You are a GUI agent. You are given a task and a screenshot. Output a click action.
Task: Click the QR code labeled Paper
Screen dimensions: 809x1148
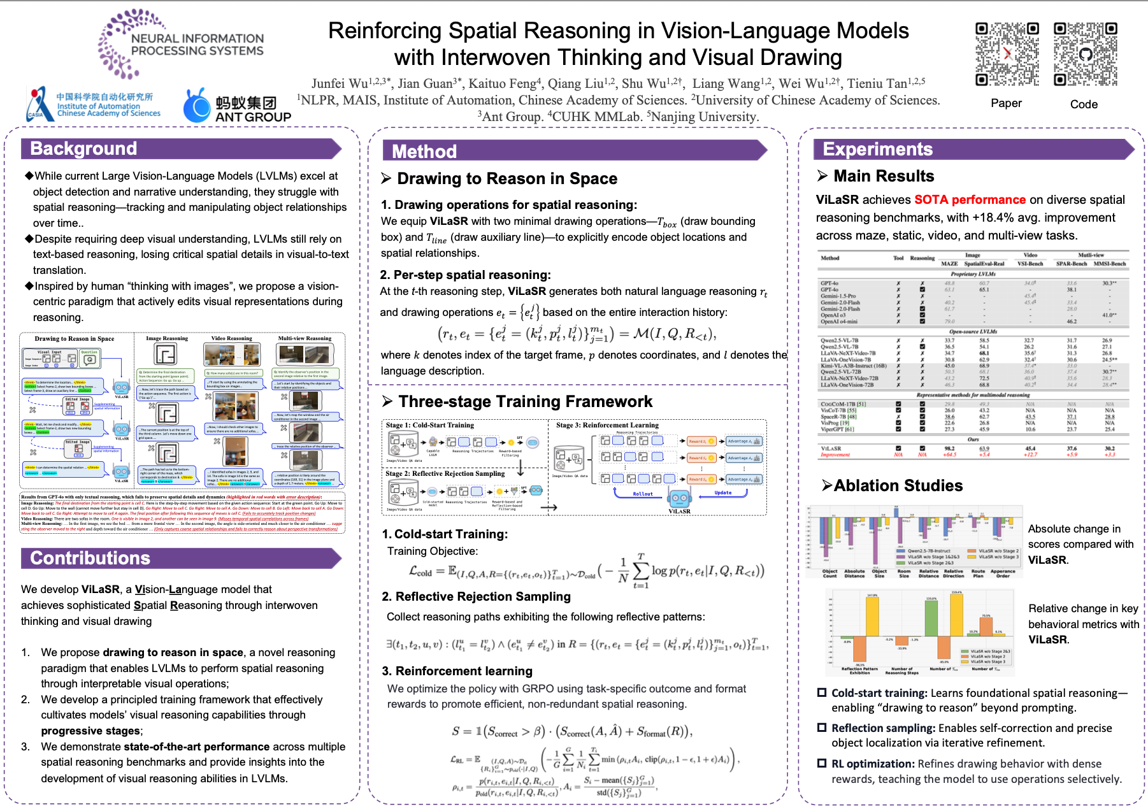[1007, 54]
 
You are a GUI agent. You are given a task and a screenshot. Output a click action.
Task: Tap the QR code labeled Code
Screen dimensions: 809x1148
[1085, 54]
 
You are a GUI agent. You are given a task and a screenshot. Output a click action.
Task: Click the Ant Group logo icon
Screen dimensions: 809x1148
[197, 106]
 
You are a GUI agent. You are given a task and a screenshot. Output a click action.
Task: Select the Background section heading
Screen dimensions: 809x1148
[83, 149]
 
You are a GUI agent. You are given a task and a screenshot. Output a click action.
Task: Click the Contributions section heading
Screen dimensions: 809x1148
[90, 558]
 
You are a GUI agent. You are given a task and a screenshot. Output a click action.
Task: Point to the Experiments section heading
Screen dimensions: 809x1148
[877, 149]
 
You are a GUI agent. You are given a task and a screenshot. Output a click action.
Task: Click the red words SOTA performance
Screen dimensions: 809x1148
[970, 200]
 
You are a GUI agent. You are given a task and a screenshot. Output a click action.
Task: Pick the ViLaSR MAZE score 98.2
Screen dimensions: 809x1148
[949, 448]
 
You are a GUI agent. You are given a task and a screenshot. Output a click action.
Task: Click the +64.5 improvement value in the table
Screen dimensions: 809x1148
[949, 455]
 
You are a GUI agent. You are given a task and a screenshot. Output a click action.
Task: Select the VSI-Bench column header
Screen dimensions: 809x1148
[1030, 263]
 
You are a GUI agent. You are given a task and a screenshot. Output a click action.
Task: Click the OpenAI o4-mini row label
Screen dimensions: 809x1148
[839, 321]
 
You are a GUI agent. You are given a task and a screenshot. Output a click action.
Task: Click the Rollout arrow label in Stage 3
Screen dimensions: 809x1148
[643, 494]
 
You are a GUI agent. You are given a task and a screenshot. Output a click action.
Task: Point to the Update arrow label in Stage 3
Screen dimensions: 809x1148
[723, 492]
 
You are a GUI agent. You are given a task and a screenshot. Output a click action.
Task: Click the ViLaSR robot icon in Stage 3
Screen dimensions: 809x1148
[679, 498]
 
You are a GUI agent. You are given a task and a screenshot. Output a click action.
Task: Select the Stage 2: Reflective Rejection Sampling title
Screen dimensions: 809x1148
[445, 473]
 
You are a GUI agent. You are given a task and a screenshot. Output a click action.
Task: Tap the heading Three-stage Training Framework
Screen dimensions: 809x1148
[525, 402]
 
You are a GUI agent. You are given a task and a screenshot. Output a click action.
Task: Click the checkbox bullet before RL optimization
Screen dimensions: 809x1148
[822, 763]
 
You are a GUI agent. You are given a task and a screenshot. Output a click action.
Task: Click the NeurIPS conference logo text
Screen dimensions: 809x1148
[197, 45]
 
